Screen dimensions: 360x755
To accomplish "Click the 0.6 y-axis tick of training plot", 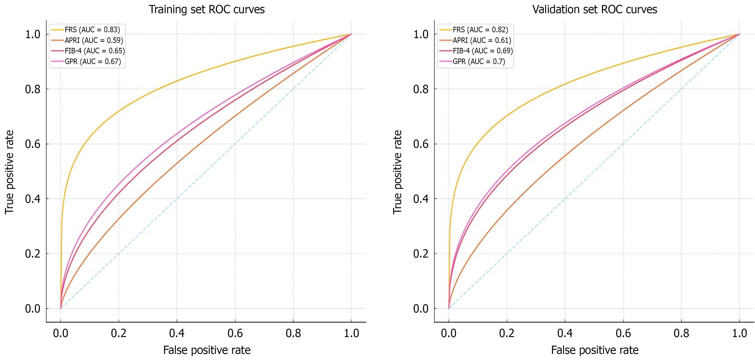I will tap(32, 144).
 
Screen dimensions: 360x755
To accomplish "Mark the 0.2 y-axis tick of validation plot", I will tap(421, 254).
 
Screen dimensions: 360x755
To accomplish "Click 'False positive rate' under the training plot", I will tap(207, 350).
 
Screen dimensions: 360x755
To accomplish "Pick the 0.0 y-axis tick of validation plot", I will tap(421, 309).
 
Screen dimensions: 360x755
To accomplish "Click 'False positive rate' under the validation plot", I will tap(595, 350).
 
